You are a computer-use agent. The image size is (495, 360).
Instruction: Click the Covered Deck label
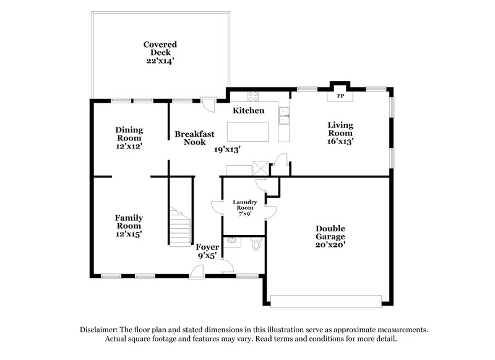(160, 53)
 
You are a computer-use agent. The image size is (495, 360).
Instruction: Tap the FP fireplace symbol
(340, 97)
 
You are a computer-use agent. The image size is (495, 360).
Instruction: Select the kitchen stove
(253, 96)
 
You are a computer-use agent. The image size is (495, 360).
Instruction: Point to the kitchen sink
(283, 112)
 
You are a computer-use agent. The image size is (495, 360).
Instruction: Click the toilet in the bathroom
(255, 246)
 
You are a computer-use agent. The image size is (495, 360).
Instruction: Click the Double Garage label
(328, 236)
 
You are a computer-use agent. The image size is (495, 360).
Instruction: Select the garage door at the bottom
(326, 301)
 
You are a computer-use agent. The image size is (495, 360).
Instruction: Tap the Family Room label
(129, 226)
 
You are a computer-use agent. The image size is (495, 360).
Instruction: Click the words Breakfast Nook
(194, 137)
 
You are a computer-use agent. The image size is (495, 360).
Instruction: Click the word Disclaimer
(100, 330)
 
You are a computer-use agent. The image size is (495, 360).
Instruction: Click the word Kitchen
(248, 111)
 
